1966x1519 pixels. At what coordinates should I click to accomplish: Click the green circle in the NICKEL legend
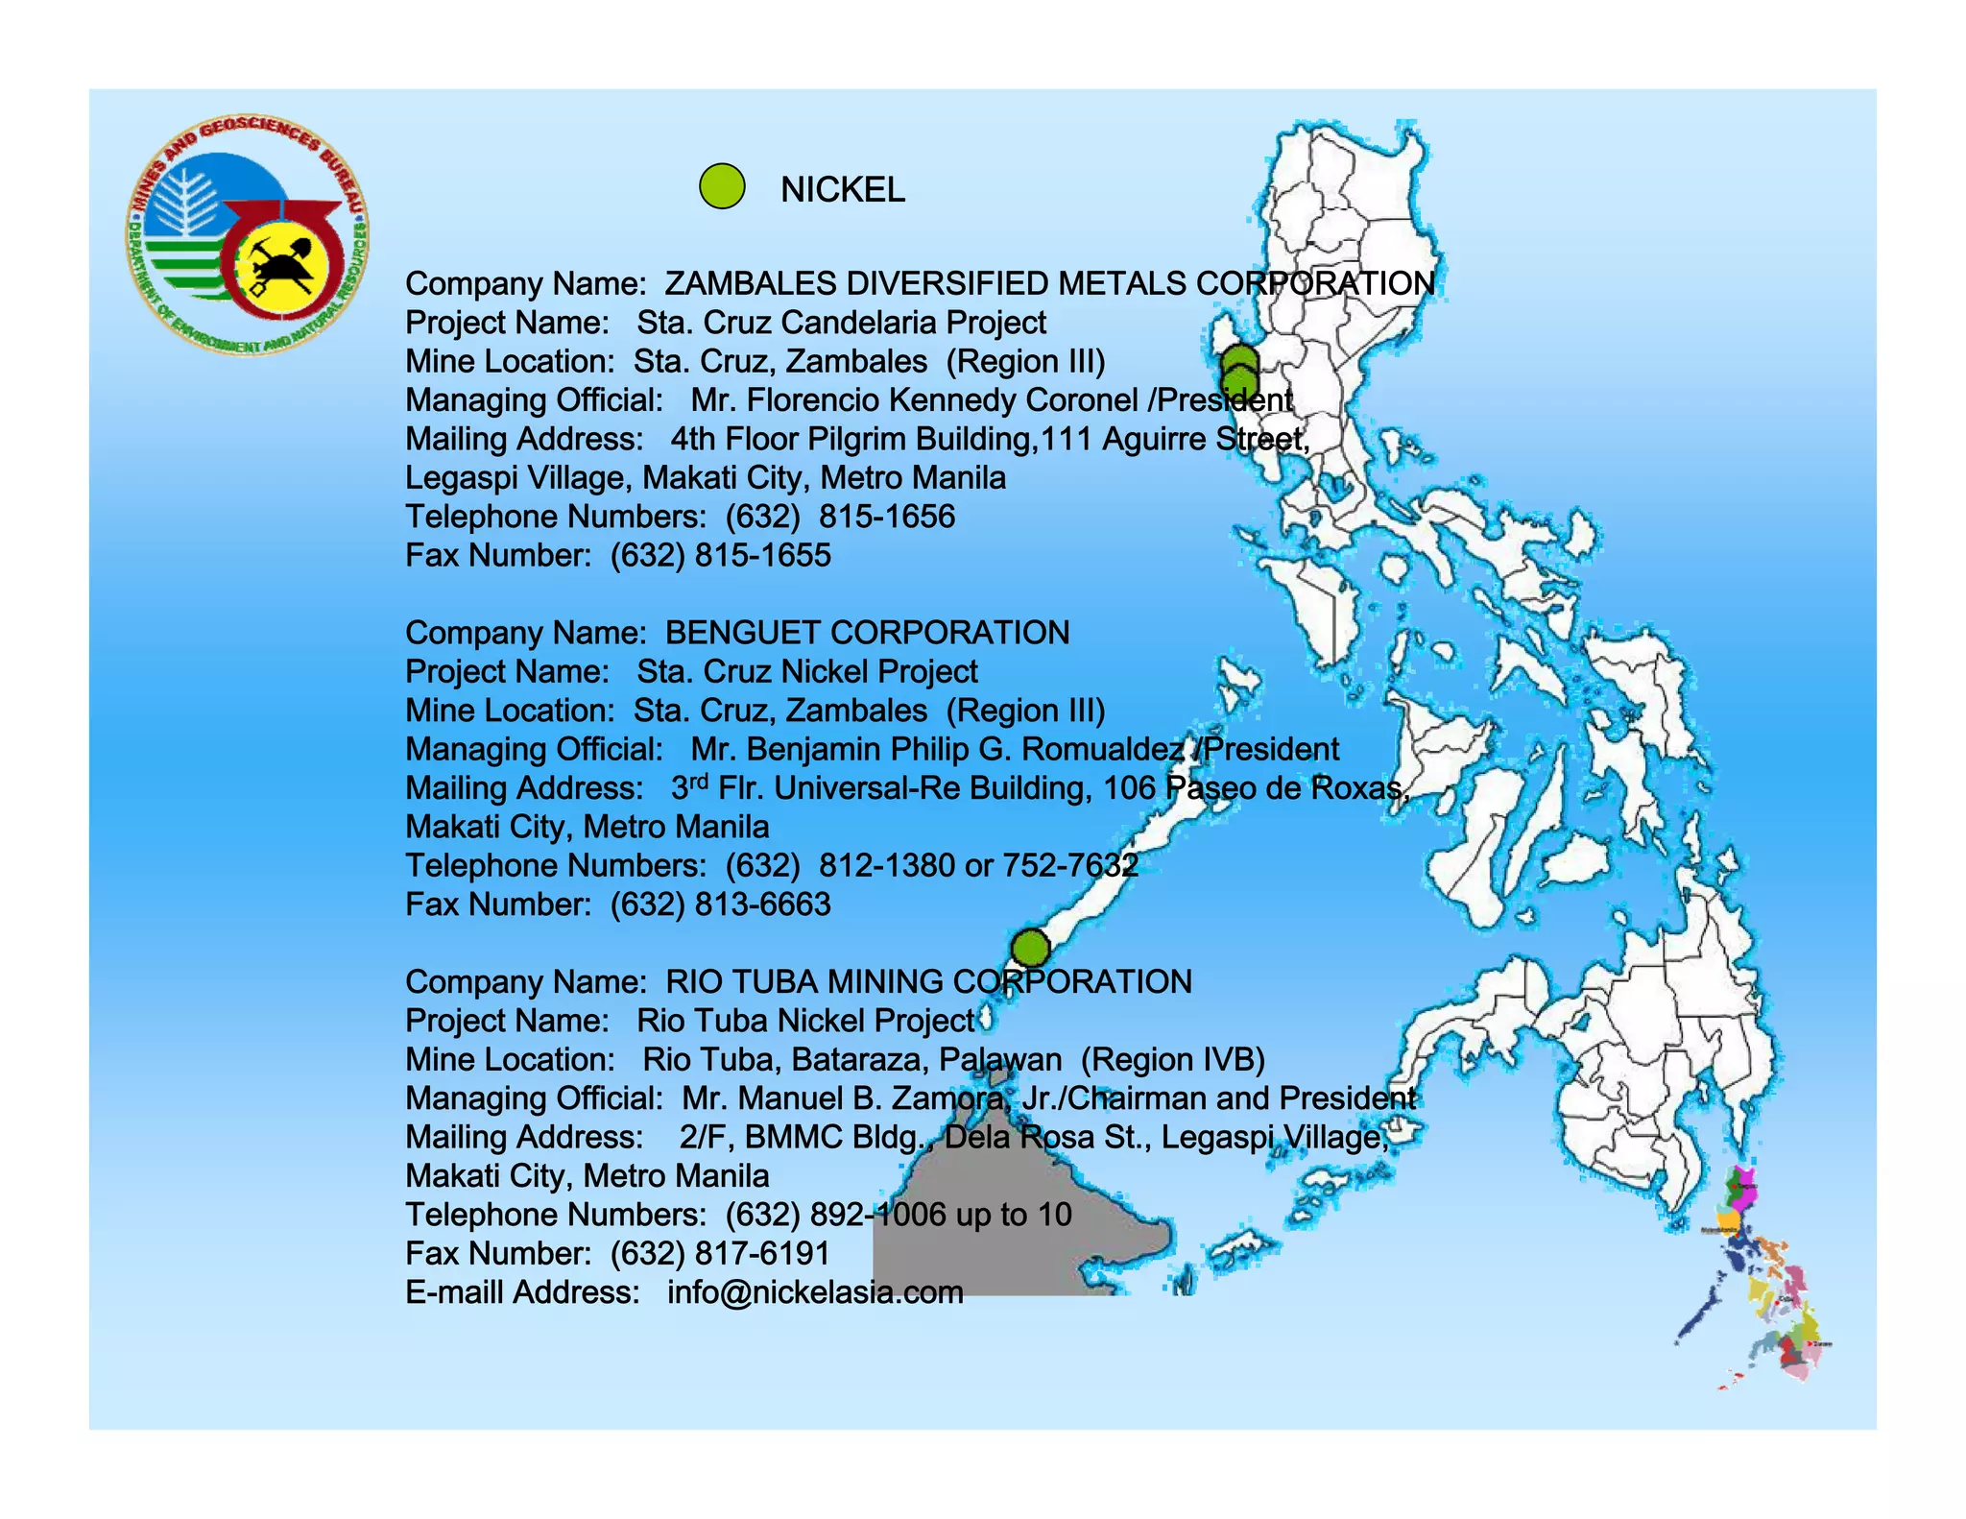722,186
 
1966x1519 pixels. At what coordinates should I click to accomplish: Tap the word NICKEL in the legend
842,190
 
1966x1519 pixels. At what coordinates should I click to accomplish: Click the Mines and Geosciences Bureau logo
247,236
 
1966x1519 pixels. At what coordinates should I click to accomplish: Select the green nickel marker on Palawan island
1030,948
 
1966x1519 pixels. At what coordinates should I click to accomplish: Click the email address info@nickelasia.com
815,1292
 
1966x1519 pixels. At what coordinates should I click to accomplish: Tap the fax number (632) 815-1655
720,556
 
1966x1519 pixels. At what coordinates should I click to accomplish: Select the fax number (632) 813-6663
720,904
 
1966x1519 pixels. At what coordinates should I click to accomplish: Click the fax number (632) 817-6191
720,1254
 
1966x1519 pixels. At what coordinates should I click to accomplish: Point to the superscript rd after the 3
699,780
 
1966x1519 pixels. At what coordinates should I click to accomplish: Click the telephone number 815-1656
887,517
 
